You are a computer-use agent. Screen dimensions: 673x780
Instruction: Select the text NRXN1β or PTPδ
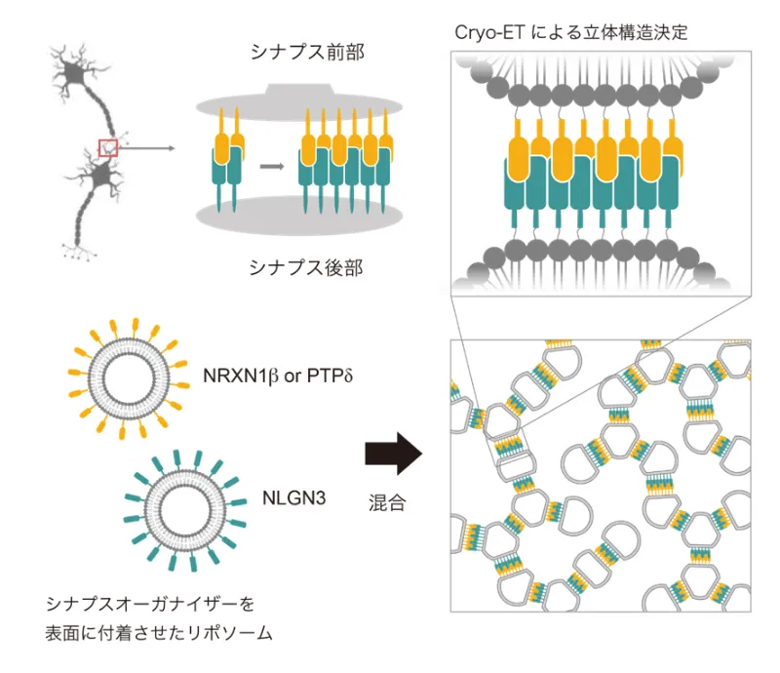(x=278, y=376)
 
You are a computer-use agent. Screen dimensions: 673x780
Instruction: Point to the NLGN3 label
(x=293, y=498)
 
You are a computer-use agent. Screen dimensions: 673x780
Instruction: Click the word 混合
(x=387, y=504)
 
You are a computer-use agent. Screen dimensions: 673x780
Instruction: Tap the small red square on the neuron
(x=108, y=147)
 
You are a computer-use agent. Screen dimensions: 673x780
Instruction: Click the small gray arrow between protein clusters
(x=271, y=165)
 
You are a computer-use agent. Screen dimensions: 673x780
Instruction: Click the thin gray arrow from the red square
(x=146, y=148)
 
